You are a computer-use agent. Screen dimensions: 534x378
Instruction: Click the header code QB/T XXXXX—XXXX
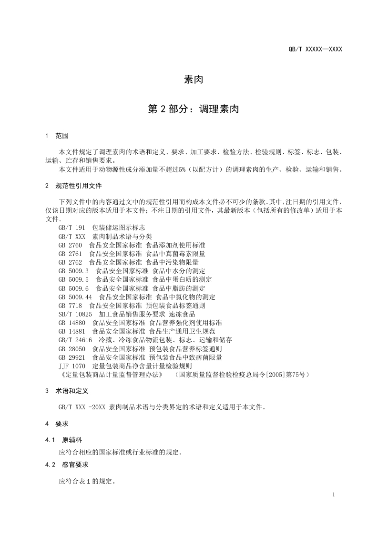(x=315, y=49)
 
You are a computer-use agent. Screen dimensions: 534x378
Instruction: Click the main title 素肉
(x=194, y=79)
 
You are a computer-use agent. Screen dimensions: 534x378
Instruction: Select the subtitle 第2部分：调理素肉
(x=194, y=109)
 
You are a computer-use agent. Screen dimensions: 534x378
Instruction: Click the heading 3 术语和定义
(x=67, y=391)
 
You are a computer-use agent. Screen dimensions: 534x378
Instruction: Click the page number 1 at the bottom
(x=334, y=494)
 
